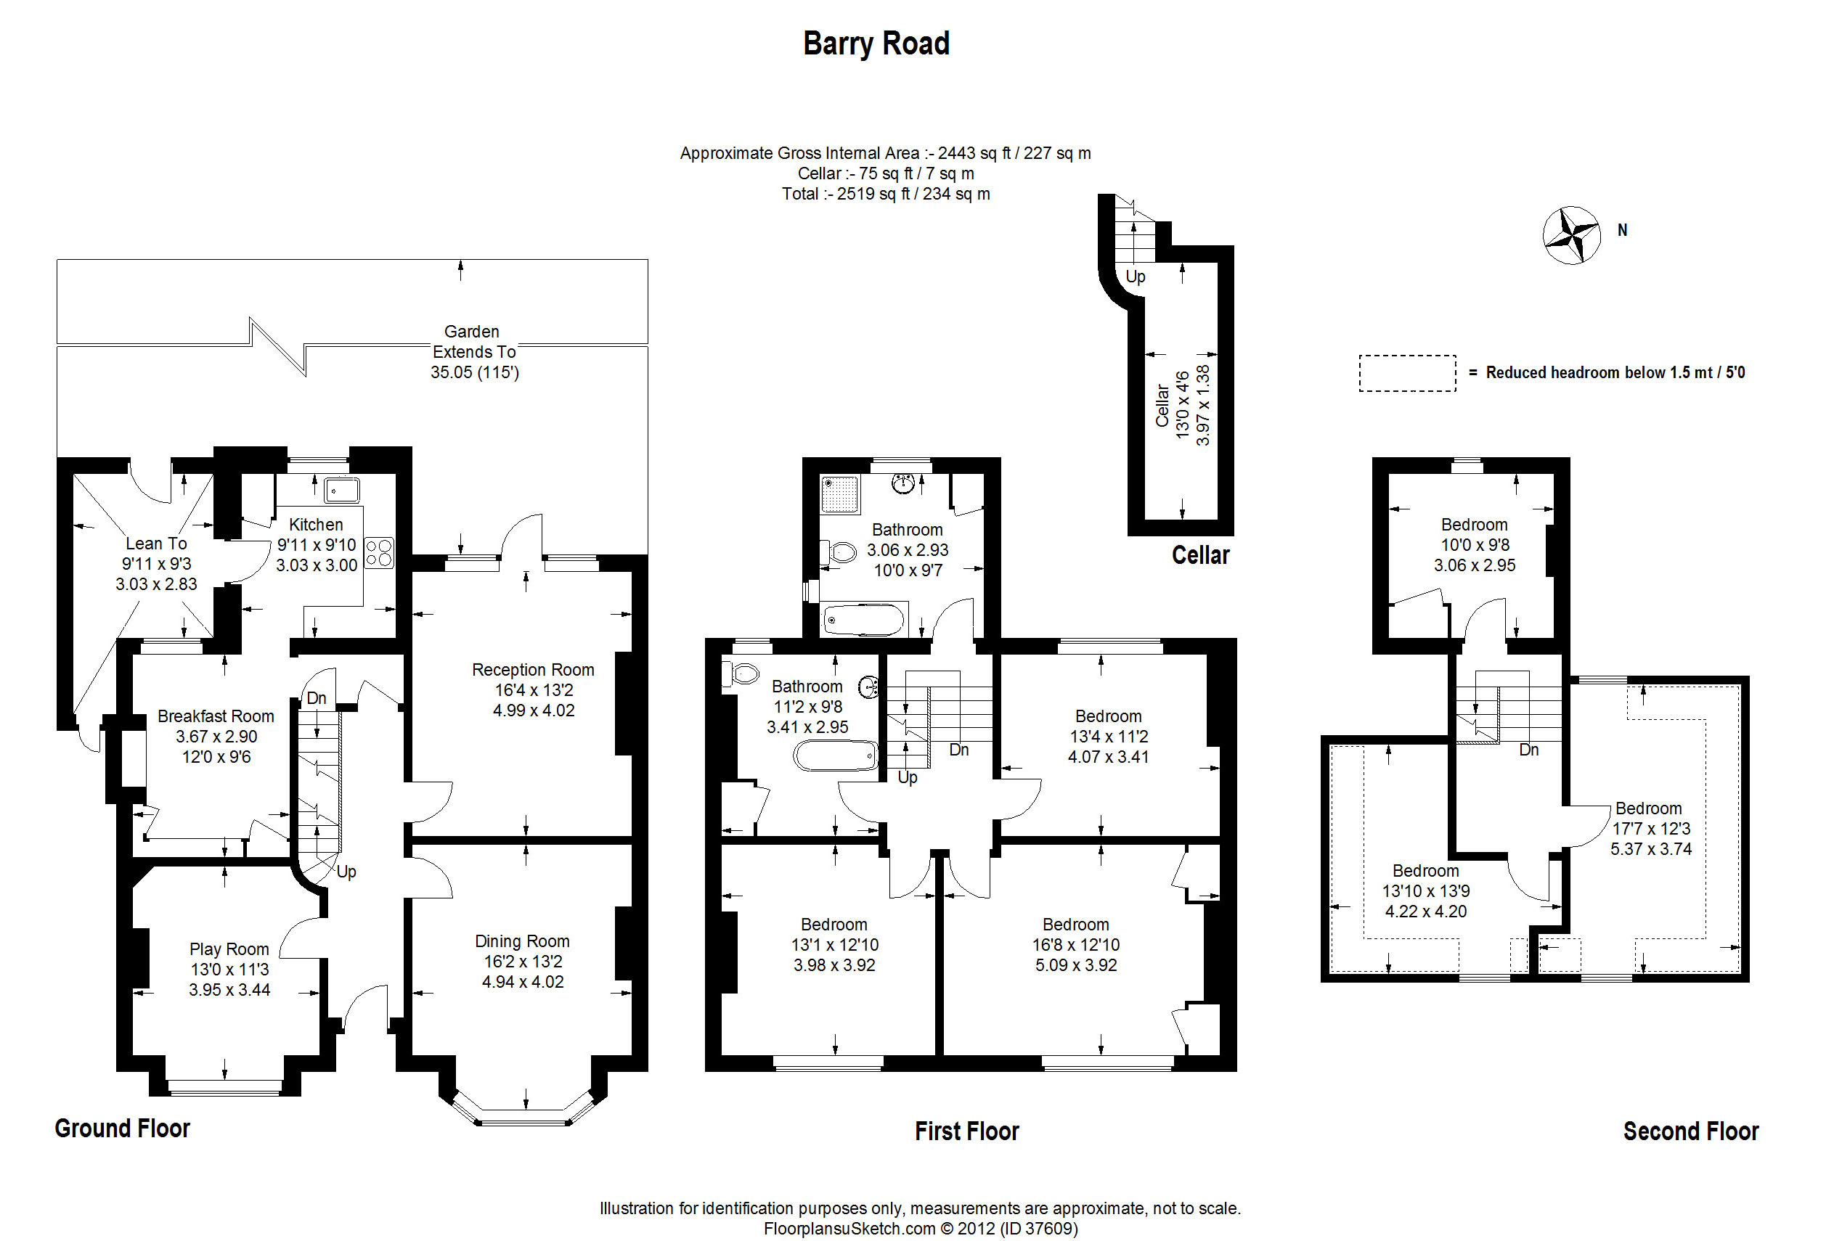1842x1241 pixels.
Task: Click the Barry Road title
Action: pos(876,44)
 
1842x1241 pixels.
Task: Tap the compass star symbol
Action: pos(1571,236)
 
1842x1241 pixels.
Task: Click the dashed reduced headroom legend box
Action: pos(1406,373)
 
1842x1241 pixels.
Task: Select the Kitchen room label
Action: pos(316,525)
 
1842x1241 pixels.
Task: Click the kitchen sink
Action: pos(341,490)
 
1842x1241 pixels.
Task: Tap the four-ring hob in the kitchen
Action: pos(379,552)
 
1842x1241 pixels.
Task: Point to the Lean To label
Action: pos(156,544)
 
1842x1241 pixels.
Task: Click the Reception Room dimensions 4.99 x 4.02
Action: pos(534,710)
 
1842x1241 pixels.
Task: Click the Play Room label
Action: pos(229,949)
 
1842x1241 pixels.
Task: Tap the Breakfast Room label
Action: pos(216,716)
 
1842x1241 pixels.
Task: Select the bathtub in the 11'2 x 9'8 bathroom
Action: pos(836,755)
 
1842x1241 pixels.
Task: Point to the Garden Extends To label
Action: pos(473,342)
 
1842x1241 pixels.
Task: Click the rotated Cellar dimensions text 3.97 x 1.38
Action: pos(1202,404)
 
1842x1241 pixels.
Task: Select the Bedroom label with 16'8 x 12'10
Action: pos(1075,925)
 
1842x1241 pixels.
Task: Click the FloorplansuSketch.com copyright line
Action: pos(920,1229)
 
